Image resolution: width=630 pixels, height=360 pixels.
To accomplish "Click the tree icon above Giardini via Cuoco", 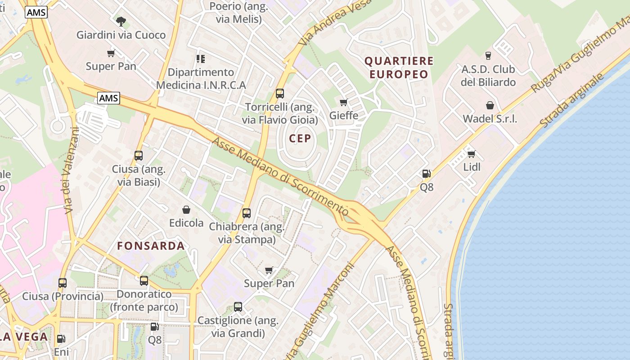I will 121,21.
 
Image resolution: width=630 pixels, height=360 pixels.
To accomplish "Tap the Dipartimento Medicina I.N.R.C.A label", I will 201,79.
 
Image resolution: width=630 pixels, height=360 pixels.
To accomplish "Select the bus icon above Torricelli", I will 280,94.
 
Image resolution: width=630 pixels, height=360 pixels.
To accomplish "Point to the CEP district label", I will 300,138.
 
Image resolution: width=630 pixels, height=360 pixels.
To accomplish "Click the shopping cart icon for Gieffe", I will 344,102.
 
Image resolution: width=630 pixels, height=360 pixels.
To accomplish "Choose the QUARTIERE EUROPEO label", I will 399,67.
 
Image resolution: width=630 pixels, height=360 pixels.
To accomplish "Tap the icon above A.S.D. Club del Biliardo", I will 488,56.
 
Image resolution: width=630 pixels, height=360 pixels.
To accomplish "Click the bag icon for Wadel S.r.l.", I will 490,105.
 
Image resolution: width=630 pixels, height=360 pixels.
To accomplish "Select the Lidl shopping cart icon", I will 472,154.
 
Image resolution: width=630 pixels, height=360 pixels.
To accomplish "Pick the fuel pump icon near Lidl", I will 426,174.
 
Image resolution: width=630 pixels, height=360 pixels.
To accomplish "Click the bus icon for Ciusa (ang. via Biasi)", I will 139,156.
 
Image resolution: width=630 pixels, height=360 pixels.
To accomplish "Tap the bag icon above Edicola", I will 186,210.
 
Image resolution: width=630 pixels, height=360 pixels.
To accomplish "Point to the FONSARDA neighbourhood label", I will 151,246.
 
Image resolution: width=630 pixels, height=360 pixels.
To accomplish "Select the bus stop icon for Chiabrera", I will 247,213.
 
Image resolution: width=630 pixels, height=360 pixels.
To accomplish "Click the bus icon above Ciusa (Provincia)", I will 63,283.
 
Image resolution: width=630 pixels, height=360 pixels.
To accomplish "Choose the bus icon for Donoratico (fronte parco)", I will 144,281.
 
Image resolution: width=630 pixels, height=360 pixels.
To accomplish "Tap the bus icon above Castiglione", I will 238,307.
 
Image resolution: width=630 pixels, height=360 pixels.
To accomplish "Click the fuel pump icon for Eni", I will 61,339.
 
